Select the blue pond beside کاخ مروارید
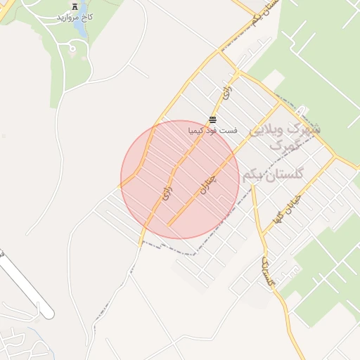click(72, 49)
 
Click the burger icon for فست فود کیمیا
click(213, 120)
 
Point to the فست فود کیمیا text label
click(213, 131)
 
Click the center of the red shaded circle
click(181, 179)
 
